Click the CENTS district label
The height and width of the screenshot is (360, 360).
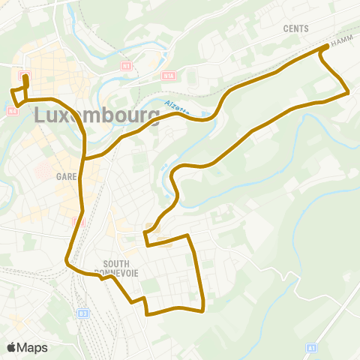click(x=295, y=28)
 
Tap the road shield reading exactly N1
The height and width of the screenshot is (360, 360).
click(x=125, y=66)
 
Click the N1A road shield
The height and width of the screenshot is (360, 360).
click(x=167, y=74)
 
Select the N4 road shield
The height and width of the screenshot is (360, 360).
click(x=13, y=111)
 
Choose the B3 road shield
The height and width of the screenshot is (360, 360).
click(x=83, y=313)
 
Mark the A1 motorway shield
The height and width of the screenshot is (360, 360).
click(x=310, y=348)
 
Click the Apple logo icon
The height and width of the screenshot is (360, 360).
click(x=12, y=347)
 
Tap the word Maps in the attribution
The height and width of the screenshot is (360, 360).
click(x=33, y=347)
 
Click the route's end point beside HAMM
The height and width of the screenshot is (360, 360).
click(x=326, y=46)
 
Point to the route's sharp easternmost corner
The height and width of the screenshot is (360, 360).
click(x=349, y=93)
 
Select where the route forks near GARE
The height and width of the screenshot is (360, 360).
click(x=85, y=158)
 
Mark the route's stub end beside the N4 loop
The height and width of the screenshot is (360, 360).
click(x=25, y=76)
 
